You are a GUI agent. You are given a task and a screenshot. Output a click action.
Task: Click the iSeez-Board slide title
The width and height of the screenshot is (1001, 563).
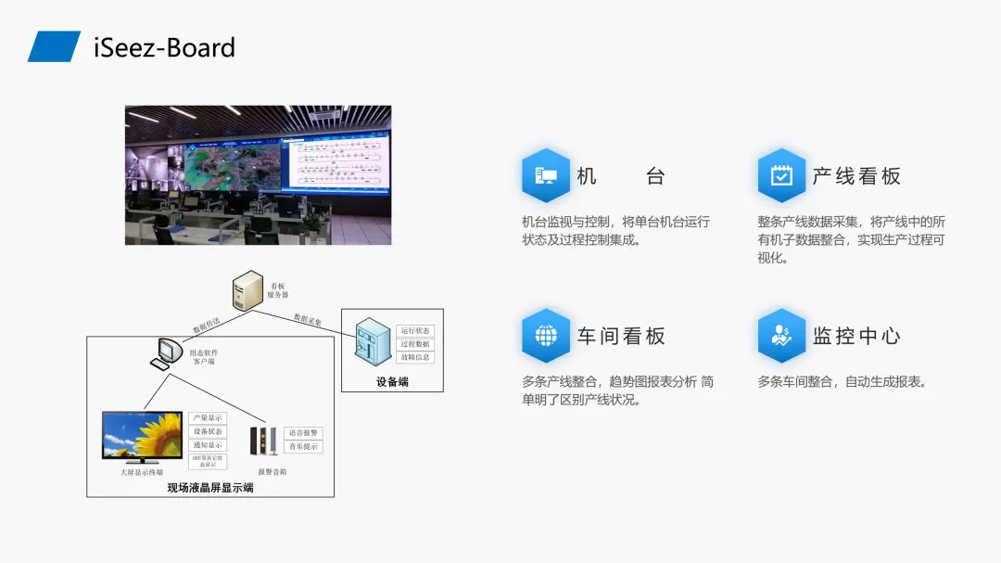pos(165,47)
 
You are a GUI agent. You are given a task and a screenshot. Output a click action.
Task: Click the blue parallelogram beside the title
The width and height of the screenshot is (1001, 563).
pos(54,46)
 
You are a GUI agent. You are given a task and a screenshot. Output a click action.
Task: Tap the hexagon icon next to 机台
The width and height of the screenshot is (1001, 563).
pos(545,175)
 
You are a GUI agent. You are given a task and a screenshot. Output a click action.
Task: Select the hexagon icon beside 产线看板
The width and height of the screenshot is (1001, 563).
pos(781,175)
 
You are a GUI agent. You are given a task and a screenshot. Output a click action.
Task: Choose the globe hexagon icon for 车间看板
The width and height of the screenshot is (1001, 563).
pos(545,336)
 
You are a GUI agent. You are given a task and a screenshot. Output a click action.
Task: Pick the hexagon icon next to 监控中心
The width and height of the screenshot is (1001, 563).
pos(781,336)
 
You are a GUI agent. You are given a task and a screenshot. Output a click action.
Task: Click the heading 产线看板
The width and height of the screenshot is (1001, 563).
pos(856,176)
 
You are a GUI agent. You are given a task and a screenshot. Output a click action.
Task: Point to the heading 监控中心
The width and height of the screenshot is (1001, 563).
pos(856,336)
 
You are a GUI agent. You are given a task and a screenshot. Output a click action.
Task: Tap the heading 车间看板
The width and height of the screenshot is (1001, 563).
pos(621,336)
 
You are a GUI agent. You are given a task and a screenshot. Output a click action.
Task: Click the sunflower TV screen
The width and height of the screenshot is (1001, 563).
pos(142,437)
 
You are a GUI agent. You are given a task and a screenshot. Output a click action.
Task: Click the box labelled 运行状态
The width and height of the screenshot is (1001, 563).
pos(415,331)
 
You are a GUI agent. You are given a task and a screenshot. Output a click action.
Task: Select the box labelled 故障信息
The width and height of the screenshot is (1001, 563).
pos(415,357)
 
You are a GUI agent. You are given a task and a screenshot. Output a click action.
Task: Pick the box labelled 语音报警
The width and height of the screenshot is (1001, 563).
pos(303,433)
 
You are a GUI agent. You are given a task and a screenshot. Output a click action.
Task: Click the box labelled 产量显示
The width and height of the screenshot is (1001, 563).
pos(207,418)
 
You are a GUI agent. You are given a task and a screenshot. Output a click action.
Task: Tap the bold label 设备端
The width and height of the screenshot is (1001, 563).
pos(392,381)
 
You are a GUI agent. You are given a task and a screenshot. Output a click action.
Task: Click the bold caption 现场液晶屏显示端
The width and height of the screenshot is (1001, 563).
pos(210,487)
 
